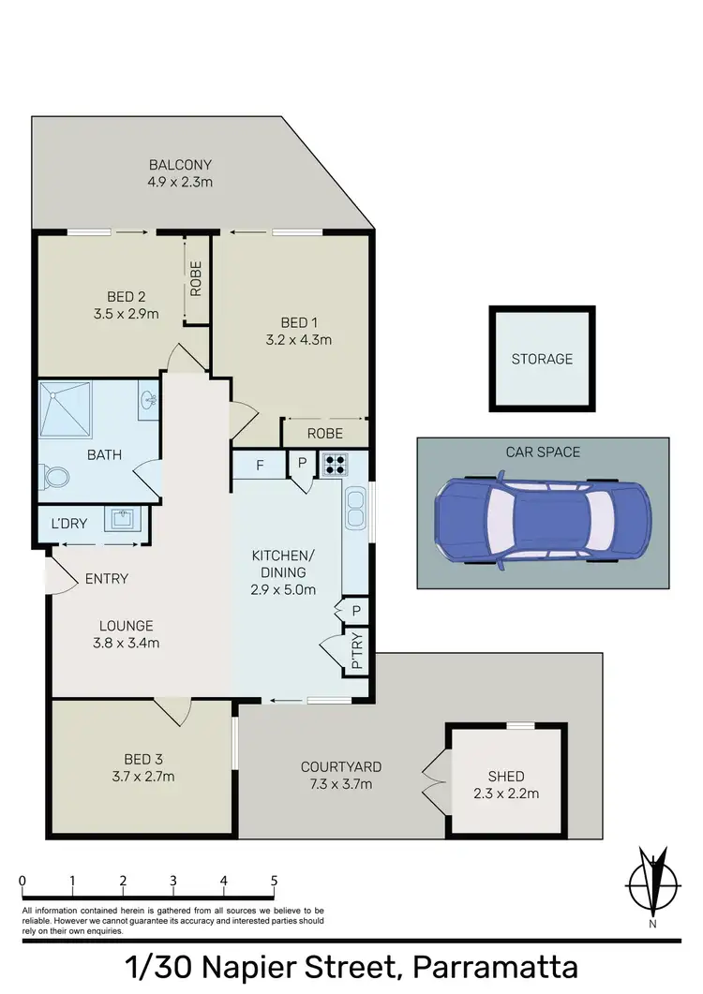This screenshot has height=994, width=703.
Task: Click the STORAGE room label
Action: [542, 359]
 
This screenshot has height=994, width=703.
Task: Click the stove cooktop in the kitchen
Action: [335, 464]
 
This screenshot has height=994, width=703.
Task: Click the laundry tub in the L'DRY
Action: [121, 518]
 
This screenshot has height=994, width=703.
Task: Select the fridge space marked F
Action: [260, 464]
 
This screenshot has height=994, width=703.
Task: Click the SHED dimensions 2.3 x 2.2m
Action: [506, 794]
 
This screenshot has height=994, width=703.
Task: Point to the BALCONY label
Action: [180, 165]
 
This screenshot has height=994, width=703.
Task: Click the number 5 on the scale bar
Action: [274, 881]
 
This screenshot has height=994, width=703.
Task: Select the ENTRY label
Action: [106, 579]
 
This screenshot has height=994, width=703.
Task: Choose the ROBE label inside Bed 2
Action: [197, 279]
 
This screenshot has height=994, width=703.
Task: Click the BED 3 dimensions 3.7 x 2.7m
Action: [143, 776]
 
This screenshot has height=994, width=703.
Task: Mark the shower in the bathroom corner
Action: [67, 408]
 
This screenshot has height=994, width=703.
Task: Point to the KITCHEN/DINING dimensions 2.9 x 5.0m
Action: [283, 589]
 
